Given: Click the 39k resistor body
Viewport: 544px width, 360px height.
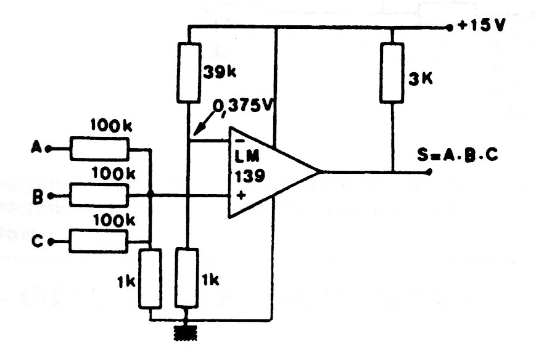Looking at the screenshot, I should pyautogui.click(x=188, y=73).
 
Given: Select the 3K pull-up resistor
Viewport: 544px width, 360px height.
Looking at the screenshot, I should pyautogui.click(x=392, y=73).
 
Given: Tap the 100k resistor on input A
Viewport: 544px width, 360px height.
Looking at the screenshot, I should pyautogui.click(x=98, y=149).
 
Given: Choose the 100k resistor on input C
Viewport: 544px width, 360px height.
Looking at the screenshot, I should pyautogui.click(x=98, y=240).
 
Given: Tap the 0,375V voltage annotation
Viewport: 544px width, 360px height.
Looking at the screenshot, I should pyautogui.click(x=244, y=108).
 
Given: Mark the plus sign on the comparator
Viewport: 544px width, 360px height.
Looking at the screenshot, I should pyautogui.click(x=241, y=196).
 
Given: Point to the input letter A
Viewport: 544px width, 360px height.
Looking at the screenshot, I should pyautogui.click(x=35, y=149).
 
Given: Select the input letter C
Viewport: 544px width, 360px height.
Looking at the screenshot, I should pyautogui.click(x=36, y=242).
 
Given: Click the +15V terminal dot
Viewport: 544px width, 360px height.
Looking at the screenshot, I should pyautogui.click(x=448, y=27).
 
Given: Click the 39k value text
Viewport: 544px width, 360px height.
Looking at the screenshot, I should pyautogui.click(x=218, y=72).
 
